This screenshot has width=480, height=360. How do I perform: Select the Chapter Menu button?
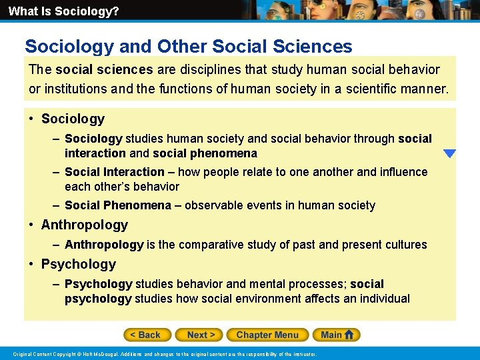tap(267, 335)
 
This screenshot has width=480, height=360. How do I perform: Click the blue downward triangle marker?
tap(449, 153)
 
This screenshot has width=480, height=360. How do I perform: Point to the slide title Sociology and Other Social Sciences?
tap(189, 46)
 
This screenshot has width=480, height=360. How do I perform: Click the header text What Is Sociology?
tap(63, 11)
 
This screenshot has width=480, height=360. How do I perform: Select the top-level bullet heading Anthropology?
tap(84, 225)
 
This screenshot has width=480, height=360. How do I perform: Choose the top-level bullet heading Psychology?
tap(78, 264)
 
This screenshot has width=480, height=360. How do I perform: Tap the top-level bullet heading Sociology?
tap(73, 119)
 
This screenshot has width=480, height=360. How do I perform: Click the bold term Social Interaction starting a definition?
tap(114, 172)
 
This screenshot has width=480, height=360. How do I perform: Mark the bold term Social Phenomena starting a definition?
tap(117, 205)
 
